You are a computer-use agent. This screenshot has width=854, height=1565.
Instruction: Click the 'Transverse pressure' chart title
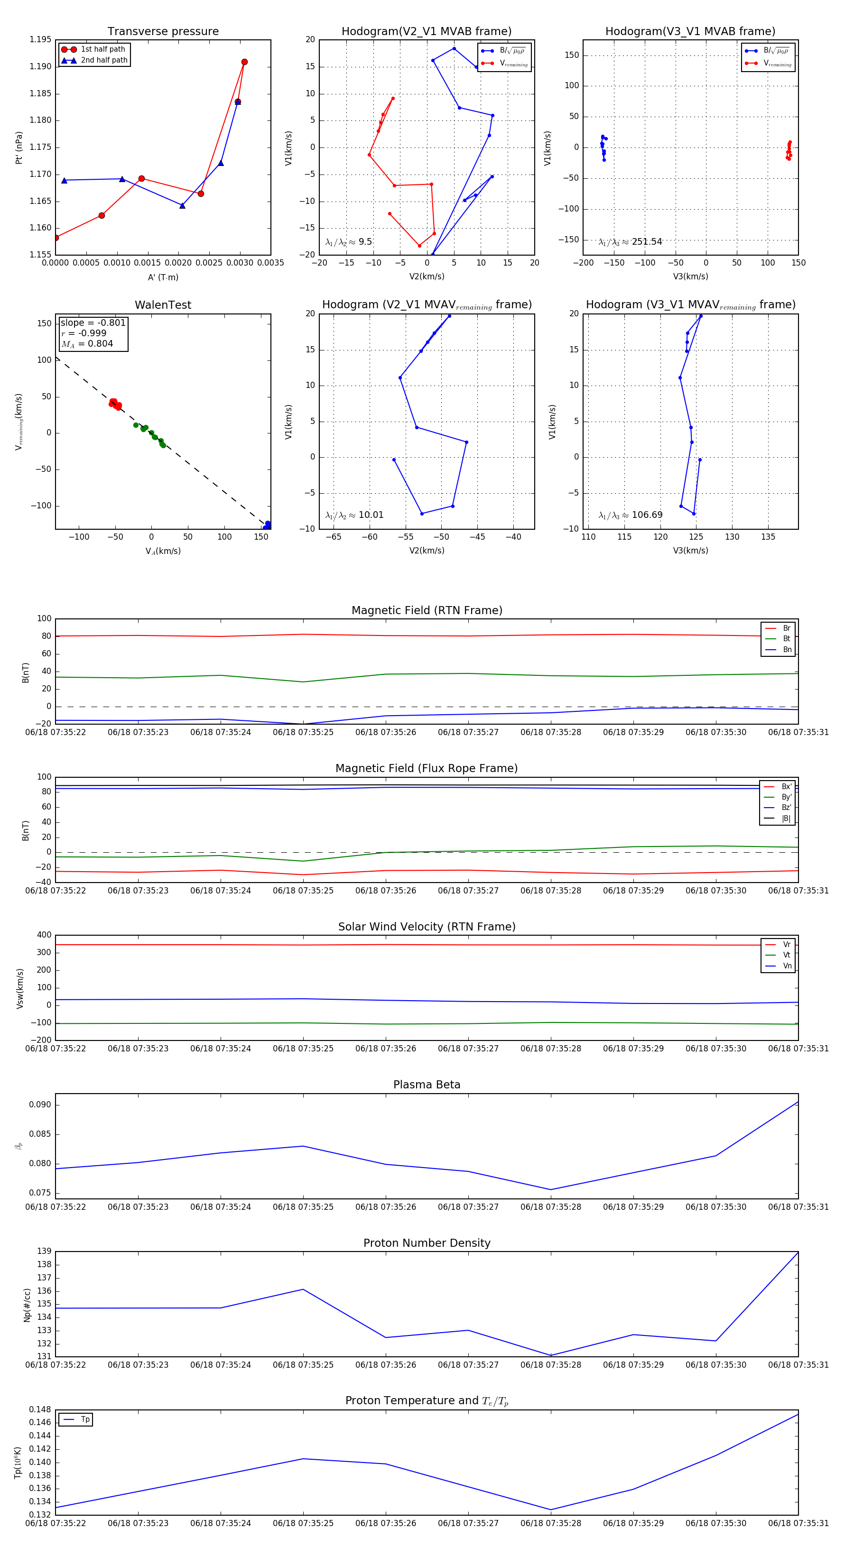(x=163, y=32)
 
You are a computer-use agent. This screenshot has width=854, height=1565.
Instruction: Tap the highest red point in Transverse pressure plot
(x=244, y=62)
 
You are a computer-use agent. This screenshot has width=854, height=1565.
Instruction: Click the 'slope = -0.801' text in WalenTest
(x=93, y=322)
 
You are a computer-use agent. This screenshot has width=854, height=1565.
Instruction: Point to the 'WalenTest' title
(x=163, y=305)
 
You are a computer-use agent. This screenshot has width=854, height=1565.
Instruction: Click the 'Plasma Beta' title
(x=427, y=1085)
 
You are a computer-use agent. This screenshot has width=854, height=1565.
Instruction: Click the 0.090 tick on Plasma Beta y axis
(x=41, y=1105)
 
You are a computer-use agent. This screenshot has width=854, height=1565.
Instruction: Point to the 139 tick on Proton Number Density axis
(x=45, y=1251)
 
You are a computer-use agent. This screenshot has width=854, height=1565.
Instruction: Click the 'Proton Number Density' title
(x=427, y=1243)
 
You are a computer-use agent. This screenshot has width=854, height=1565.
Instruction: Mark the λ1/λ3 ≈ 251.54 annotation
(x=631, y=242)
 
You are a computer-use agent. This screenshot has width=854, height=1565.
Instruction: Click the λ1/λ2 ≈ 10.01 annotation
(x=354, y=515)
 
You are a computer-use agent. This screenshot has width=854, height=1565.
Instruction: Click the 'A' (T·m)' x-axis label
(x=163, y=277)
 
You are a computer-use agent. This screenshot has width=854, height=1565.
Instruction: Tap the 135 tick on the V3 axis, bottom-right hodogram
(x=768, y=537)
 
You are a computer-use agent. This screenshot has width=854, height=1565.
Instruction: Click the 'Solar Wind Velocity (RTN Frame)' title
(x=427, y=927)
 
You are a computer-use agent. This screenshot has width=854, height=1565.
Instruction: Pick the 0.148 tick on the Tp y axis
(x=41, y=1409)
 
